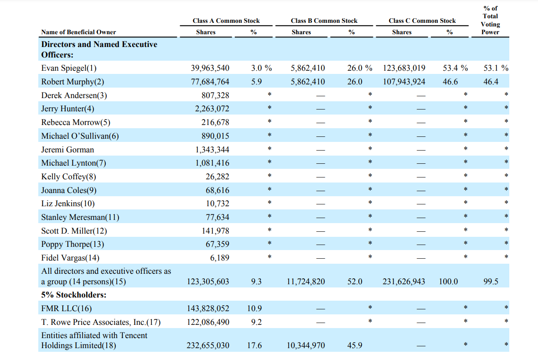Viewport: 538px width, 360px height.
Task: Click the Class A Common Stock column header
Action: coord(226,21)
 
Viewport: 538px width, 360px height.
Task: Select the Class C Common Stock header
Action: coord(422,21)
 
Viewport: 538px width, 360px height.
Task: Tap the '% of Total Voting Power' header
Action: coord(490,20)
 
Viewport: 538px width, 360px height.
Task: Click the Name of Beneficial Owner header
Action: coord(78,32)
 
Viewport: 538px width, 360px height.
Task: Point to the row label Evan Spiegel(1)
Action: coord(69,68)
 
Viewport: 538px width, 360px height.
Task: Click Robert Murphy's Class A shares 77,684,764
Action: coord(210,82)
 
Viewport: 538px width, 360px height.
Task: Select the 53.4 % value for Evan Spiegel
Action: coord(455,68)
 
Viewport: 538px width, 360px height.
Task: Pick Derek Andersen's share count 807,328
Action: coord(215,95)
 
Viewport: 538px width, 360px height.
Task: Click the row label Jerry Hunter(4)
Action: coord(67,109)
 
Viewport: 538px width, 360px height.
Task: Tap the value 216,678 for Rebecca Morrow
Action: coord(215,122)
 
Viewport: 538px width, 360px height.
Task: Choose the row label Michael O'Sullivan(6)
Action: coord(80,136)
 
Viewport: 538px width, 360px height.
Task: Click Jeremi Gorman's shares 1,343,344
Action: coord(212,150)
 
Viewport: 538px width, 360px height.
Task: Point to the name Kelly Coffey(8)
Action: coord(69,177)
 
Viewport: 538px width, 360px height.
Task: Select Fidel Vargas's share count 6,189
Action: coord(220,258)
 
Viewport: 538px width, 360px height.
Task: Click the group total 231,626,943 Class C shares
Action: coord(404,282)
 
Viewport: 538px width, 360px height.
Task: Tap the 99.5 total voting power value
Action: coord(491,282)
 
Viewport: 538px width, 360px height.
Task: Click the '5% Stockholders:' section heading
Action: coord(74,295)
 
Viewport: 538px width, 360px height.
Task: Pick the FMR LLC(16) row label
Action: coord(67,308)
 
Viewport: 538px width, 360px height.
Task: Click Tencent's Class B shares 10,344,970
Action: coord(306,345)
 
